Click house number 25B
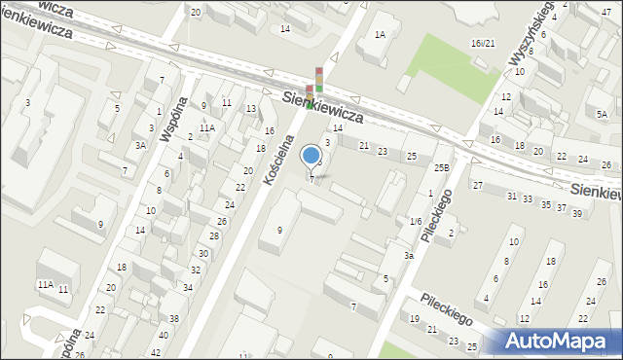[442, 168]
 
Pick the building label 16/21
[483, 44]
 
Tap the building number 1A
[380, 35]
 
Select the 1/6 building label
[416, 222]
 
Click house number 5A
[602, 114]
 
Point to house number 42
[157, 352]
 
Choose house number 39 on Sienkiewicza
[576, 213]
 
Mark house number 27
[478, 185]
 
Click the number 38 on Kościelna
[174, 319]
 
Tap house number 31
[512, 196]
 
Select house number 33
[528, 199]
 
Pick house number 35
[545, 204]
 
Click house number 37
[561, 208]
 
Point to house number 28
[214, 236]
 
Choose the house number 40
[163, 336]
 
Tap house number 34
[188, 287]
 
